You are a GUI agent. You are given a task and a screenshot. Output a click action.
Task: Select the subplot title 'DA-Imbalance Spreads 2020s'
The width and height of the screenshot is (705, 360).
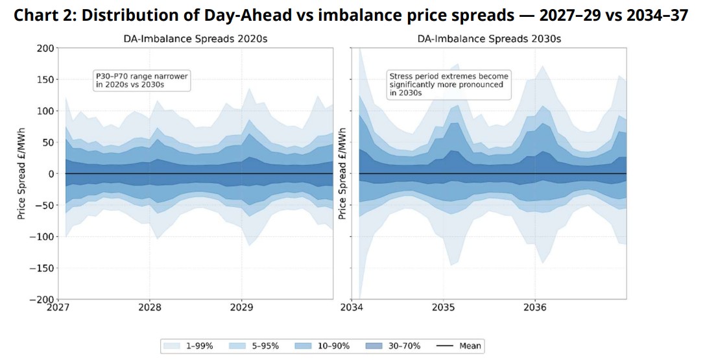click(195, 39)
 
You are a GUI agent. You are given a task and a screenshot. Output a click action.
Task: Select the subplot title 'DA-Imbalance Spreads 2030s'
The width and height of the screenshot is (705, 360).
click(489, 39)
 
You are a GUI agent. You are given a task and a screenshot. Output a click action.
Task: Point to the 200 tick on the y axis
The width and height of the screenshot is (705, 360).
click(45, 48)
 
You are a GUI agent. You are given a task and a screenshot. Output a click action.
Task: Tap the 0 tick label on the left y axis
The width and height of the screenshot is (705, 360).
click(51, 174)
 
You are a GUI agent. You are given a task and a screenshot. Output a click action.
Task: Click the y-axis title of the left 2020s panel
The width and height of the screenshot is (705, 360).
click(21, 173)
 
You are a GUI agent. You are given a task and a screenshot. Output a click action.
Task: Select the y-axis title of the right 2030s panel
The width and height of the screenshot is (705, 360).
click(342, 173)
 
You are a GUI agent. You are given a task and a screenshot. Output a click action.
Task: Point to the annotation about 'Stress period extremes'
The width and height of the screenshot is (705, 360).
click(449, 84)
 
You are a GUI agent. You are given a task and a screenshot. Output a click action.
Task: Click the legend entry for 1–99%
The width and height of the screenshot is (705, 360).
click(189, 346)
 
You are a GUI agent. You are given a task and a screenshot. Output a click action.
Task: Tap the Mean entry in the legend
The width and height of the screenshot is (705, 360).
click(459, 346)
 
